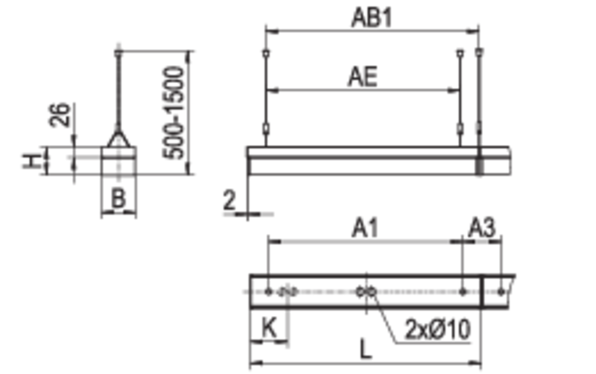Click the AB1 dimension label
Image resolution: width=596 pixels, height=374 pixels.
371,18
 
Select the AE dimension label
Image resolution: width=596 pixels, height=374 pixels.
363,77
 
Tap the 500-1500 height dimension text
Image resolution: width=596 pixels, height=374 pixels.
173,112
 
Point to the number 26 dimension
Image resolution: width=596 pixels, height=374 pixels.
60,114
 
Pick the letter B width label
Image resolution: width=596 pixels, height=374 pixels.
118,198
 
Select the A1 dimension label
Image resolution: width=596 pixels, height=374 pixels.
365,229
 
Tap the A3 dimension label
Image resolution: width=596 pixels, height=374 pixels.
481,228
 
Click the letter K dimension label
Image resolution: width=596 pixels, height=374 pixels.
269,327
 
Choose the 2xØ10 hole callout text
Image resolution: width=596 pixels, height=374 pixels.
438,329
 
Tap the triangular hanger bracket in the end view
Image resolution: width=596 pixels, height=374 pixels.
118,138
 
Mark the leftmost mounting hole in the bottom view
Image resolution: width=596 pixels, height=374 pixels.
268,291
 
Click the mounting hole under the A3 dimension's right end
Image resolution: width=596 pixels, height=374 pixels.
501,291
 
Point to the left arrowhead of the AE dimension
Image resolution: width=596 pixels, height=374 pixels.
274,90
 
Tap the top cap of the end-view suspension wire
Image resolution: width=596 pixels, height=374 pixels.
119,52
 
